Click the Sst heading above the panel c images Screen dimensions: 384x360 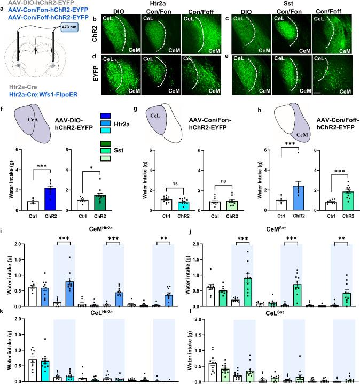[x=283, y=4]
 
